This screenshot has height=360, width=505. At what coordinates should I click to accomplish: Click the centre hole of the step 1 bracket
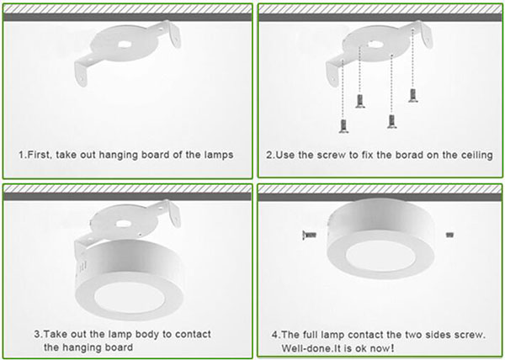tap(124, 45)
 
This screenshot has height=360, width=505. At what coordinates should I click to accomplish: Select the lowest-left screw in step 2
tap(343, 126)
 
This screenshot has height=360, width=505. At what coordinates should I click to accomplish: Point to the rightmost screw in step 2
tap(413, 96)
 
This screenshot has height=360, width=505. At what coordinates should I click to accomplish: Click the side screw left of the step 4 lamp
tap(310, 235)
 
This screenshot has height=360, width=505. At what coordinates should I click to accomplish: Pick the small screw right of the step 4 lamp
tap(450, 235)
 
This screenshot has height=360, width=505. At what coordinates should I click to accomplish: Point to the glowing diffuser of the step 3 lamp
tap(129, 297)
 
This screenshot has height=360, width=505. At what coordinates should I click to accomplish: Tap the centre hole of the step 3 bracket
tap(123, 223)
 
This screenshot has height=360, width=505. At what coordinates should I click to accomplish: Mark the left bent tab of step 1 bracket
tap(82, 72)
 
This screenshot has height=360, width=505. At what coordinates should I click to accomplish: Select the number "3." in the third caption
tap(39, 334)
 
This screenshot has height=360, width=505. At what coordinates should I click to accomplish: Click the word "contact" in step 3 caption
tap(193, 334)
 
